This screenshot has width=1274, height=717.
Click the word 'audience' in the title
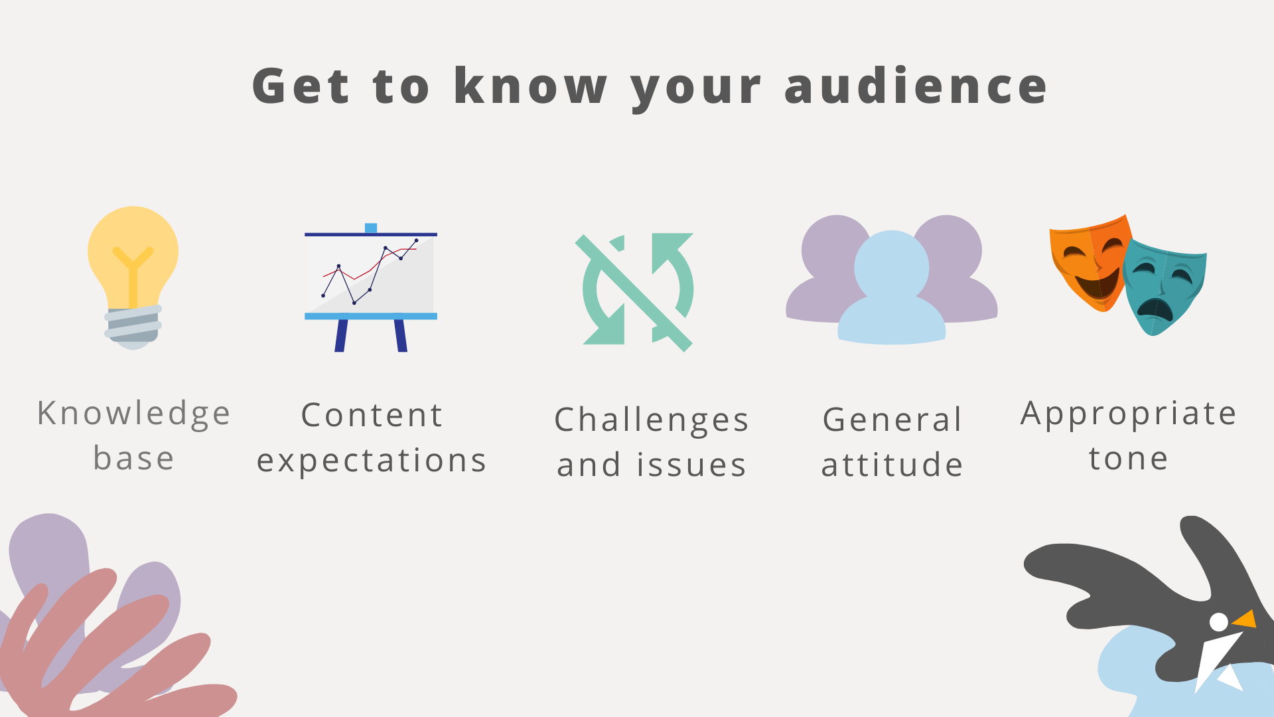tap(916, 86)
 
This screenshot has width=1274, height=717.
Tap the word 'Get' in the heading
tap(301, 86)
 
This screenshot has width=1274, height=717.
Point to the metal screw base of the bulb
tap(133, 325)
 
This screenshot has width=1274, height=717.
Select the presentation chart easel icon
tap(370, 285)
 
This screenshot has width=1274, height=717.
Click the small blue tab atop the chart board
tap(371, 228)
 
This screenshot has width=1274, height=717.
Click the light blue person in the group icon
tap(891, 292)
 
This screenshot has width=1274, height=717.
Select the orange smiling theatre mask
tap(1088, 262)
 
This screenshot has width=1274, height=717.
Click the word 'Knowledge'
tap(134, 414)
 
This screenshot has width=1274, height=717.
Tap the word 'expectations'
tap(372, 460)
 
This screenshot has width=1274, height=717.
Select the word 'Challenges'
tap(652, 420)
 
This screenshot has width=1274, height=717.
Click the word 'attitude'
tap(892, 464)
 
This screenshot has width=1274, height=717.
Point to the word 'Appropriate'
tap(1128, 414)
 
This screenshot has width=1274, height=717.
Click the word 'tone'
tap(1128, 458)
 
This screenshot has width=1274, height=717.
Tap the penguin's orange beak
tap(1245, 619)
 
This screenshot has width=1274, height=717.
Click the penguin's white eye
tap(1218, 622)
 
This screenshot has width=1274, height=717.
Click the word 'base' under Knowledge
tap(134, 458)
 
